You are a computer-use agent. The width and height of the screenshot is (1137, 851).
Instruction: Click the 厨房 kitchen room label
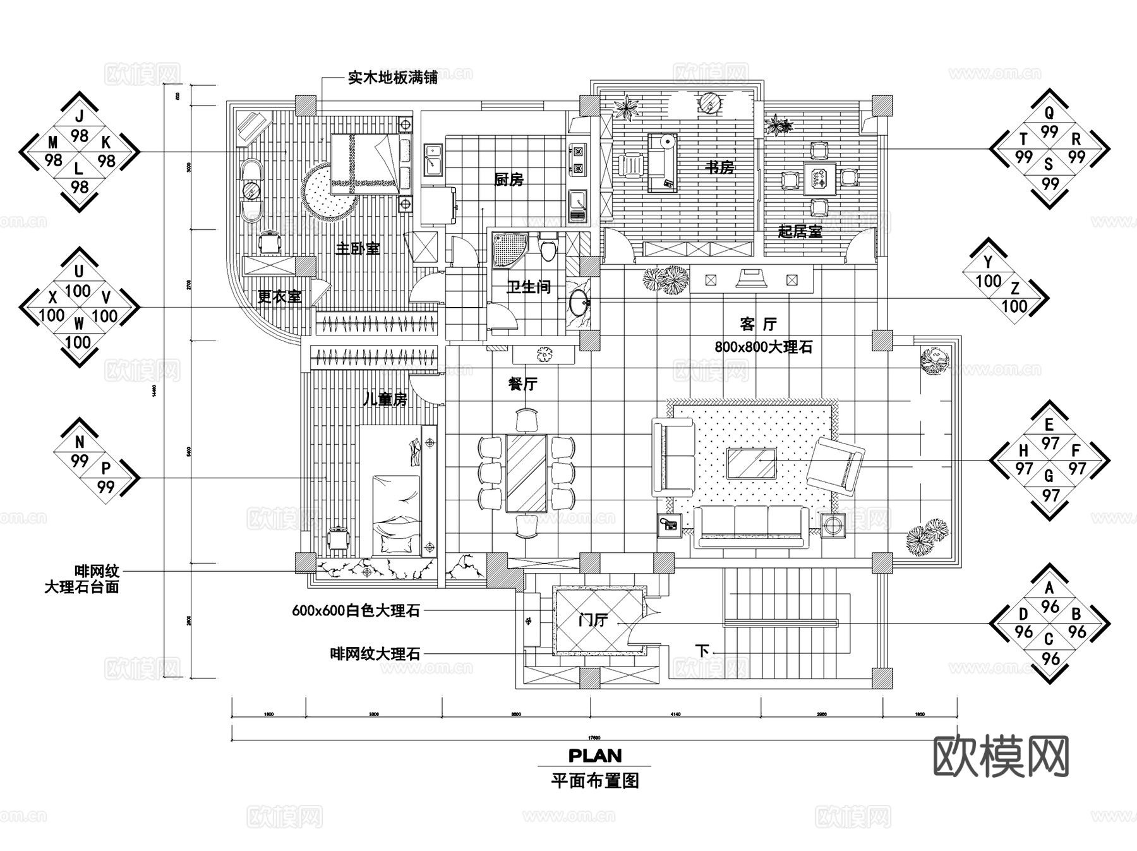coord(508,179)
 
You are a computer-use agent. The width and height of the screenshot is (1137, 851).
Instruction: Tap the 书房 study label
coord(719,167)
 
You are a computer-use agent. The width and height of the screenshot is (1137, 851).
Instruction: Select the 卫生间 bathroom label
coord(529,287)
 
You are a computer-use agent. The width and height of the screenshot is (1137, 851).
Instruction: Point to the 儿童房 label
coord(385,399)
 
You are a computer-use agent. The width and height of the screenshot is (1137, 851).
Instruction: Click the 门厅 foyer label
coord(593,620)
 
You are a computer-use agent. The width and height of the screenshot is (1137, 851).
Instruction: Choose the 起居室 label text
coord(800,231)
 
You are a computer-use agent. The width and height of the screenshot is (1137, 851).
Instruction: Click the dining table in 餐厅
coord(526,473)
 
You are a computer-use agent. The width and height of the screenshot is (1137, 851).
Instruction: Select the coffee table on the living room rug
coord(751,463)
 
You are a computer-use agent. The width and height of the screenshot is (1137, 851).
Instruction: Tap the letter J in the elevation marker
coord(79,116)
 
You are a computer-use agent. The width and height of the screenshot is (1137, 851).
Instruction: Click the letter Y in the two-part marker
coord(989,262)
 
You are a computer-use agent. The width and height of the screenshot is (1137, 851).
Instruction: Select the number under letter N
coord(79,461)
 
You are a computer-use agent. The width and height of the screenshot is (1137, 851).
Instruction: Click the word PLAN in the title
coord(594,756)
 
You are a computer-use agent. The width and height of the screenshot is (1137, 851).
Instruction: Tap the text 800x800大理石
coord(763,347)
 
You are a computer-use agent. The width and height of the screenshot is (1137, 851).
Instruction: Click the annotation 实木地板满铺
coord(392,78)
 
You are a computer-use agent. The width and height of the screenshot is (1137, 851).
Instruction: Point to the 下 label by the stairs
coord(702,650)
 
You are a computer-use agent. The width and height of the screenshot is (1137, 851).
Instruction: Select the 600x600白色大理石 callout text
coord(356,611)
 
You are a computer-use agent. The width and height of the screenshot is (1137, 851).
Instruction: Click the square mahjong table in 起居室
coord(819,178)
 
